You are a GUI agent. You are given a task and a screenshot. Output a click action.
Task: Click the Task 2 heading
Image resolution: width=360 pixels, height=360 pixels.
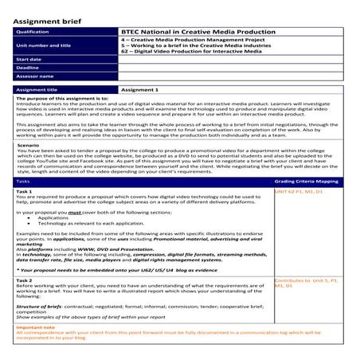(25, 280)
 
